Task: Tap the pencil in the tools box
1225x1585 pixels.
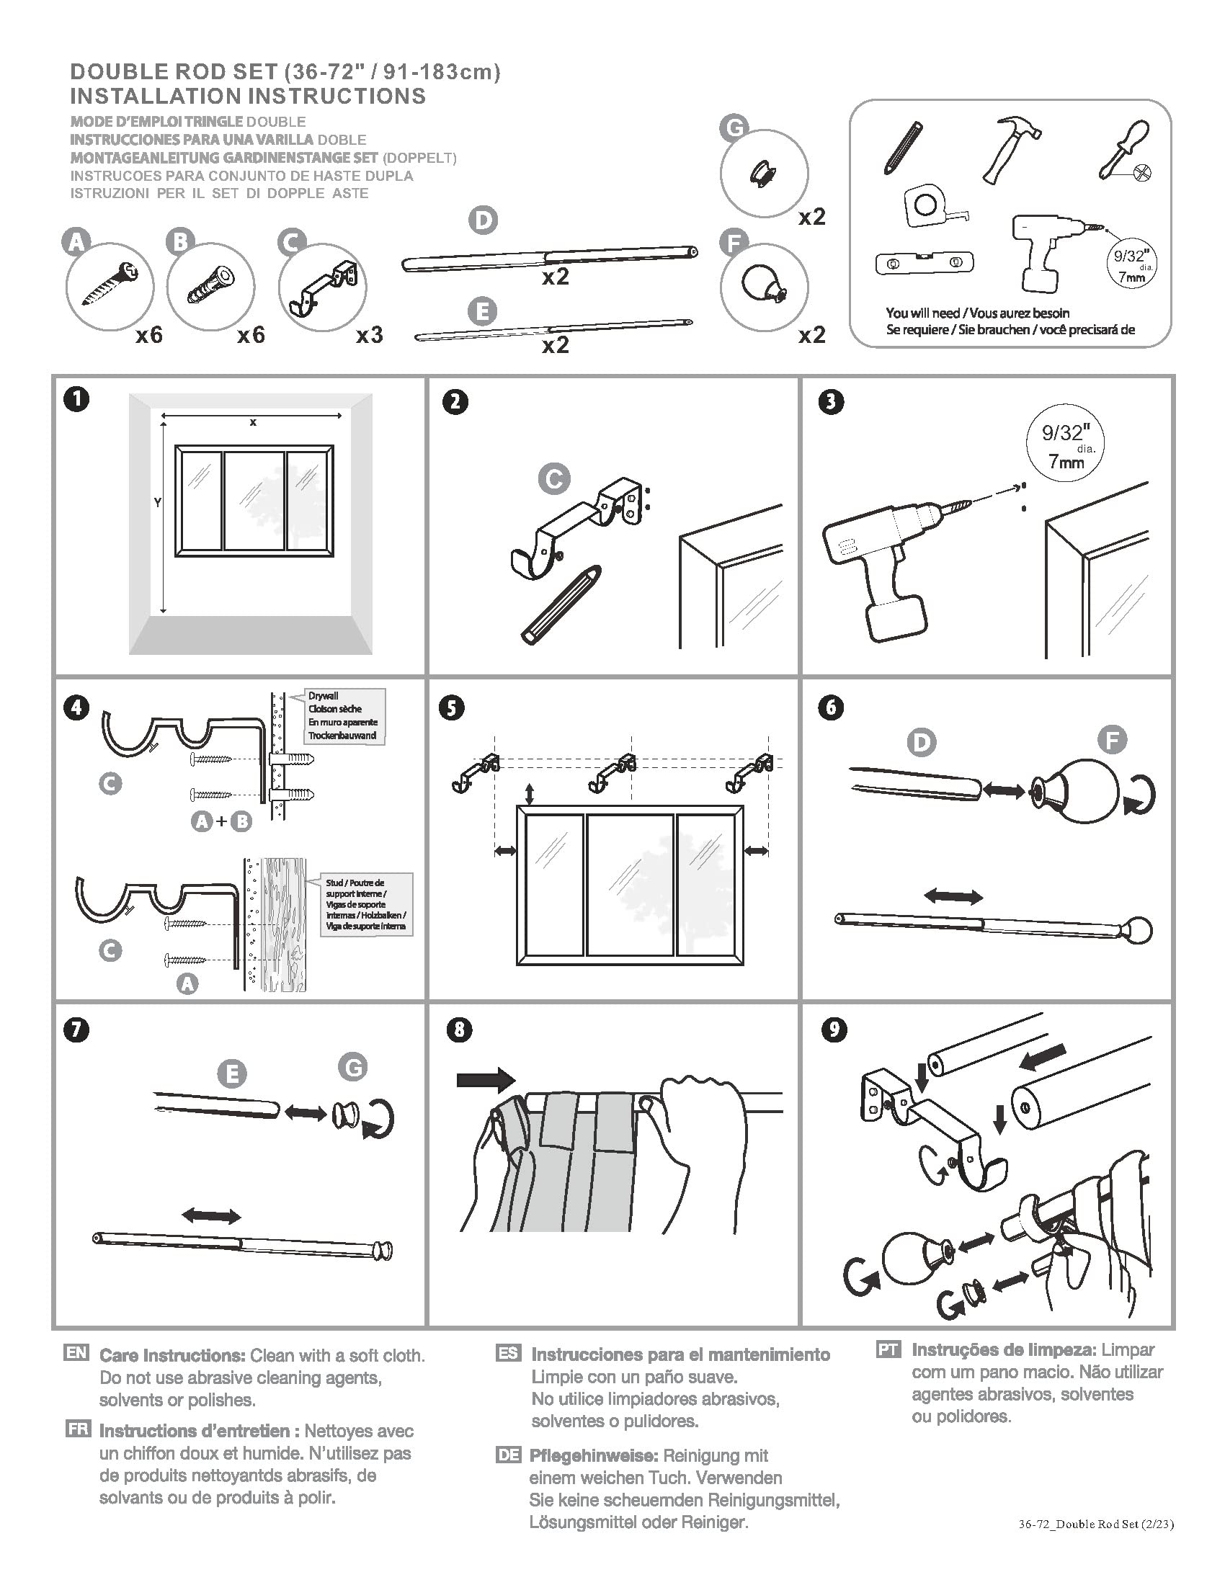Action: click(x=902, y=147)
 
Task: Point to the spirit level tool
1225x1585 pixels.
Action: click(x=924, y=264)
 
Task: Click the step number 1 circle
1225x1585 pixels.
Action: click(x=76, y=399)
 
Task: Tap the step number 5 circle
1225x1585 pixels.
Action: click(x=451, y=707)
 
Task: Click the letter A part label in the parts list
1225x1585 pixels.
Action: click(x=76, y=241)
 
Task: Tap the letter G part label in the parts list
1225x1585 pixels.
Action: click(x=734, y=128)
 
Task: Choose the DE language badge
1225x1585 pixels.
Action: click(x=508, y=1455)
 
